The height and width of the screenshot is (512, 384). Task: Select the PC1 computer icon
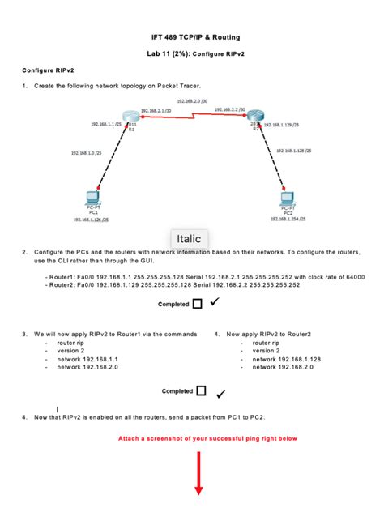coord(92,197)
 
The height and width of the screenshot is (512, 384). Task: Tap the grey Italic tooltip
coord(188,239)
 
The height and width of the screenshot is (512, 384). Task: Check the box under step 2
coord(198,305)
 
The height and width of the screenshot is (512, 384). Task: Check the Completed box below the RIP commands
coord(201,391)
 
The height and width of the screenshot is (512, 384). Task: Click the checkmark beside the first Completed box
coord(215,302)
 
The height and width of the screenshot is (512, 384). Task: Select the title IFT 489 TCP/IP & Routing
coord(191,37)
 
